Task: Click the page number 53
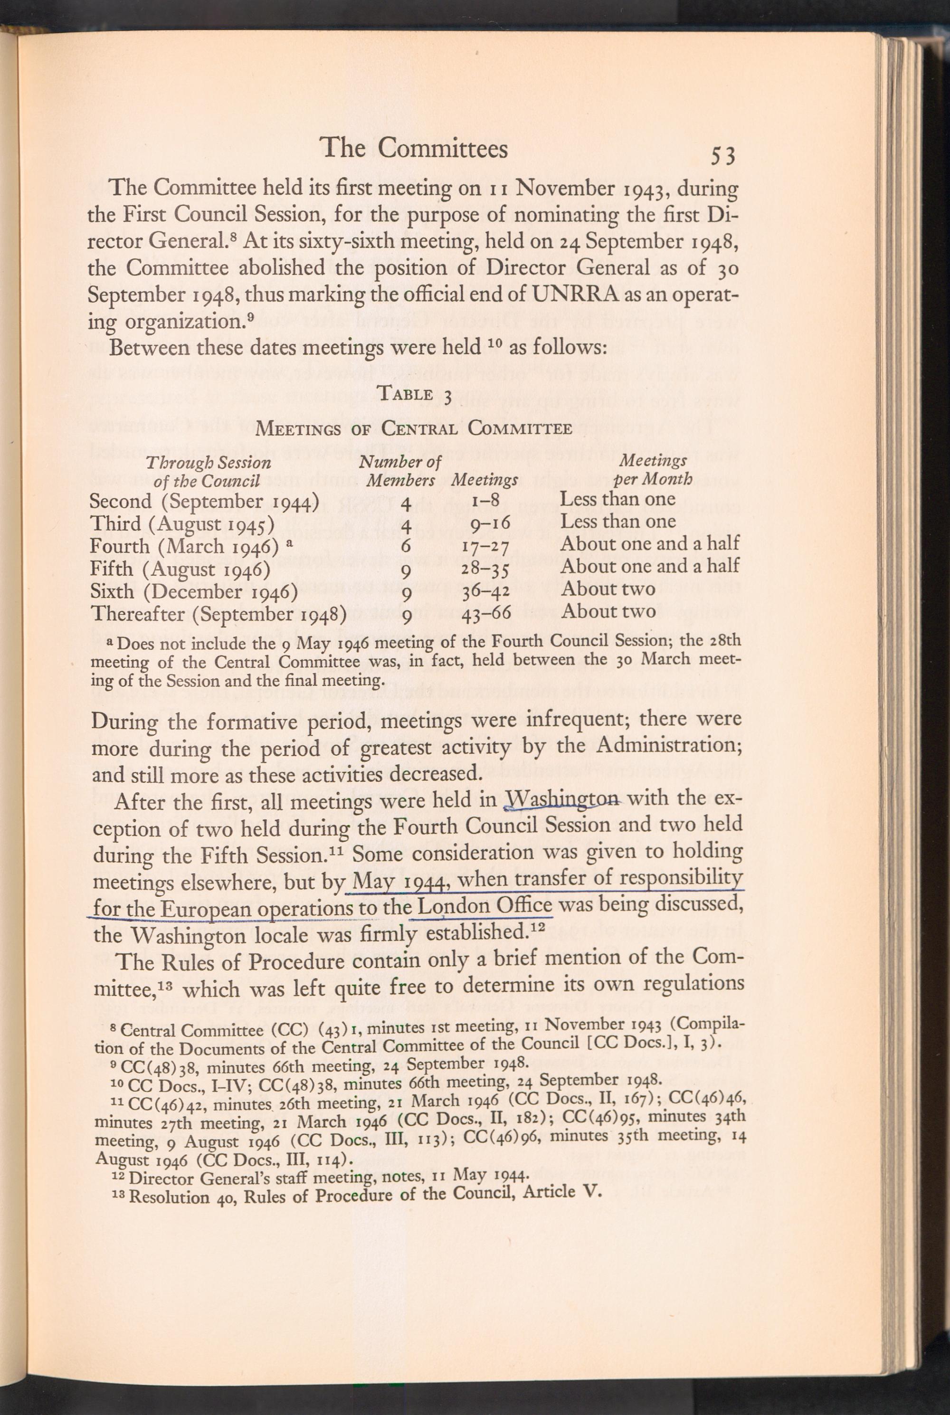pos(723,156)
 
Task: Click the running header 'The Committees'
pos(414,148)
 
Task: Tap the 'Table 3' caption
pos(414,394)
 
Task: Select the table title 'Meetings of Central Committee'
pos(414,428)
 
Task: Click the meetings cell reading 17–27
pos(484,546)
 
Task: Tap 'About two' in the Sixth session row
pos(608,588)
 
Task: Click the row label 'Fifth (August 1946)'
pos(180,569)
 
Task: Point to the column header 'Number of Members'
pos(400,471)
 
